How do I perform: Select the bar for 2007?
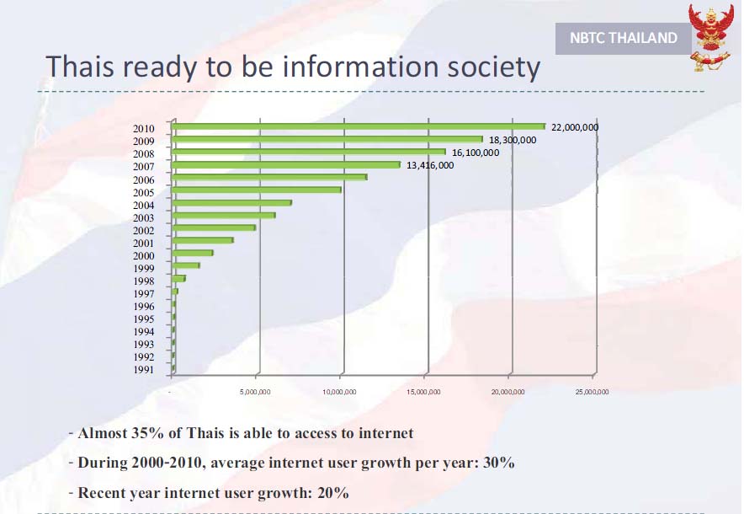coord(286,165)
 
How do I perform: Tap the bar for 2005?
coord(257,190)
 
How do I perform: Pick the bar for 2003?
coord(223,216)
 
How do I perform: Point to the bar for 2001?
coord(202,241)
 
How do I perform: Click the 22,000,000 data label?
coord(575,127)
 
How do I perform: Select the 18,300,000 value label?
coord(513,140)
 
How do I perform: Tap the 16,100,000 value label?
coord(476,153)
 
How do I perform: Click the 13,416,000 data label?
coord(430,165)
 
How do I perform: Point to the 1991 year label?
coord(144,369)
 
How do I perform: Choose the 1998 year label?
coord(144,281)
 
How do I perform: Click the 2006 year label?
coord(144,179)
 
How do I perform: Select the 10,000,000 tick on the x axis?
coord(340,392)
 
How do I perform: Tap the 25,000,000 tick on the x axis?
coord(592,392)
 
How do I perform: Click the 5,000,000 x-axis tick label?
coord(255,392)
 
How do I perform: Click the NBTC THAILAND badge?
coord(624,38)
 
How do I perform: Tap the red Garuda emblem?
coord(711,36)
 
